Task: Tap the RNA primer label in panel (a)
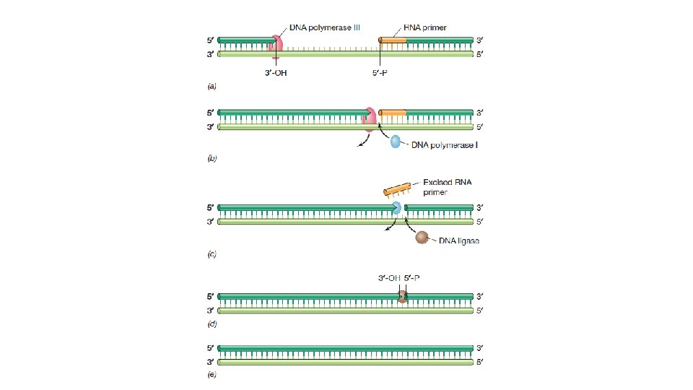pos(425,27)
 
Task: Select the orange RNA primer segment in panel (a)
pos(393,40)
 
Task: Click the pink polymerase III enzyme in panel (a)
pos(276,45)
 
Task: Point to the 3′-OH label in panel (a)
pos(276,71)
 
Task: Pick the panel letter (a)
pos(212,86)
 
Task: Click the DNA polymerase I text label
pos(445,144)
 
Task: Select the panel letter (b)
pos(212,157)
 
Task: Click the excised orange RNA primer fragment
pos(398,190)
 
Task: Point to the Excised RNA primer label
pos(447,187)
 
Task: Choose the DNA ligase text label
pos(459,241)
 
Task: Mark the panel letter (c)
pos(212,253)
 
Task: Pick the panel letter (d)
pos(212,324)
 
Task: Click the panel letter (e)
pos(212,374)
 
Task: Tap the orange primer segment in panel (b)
pos(393,113)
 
